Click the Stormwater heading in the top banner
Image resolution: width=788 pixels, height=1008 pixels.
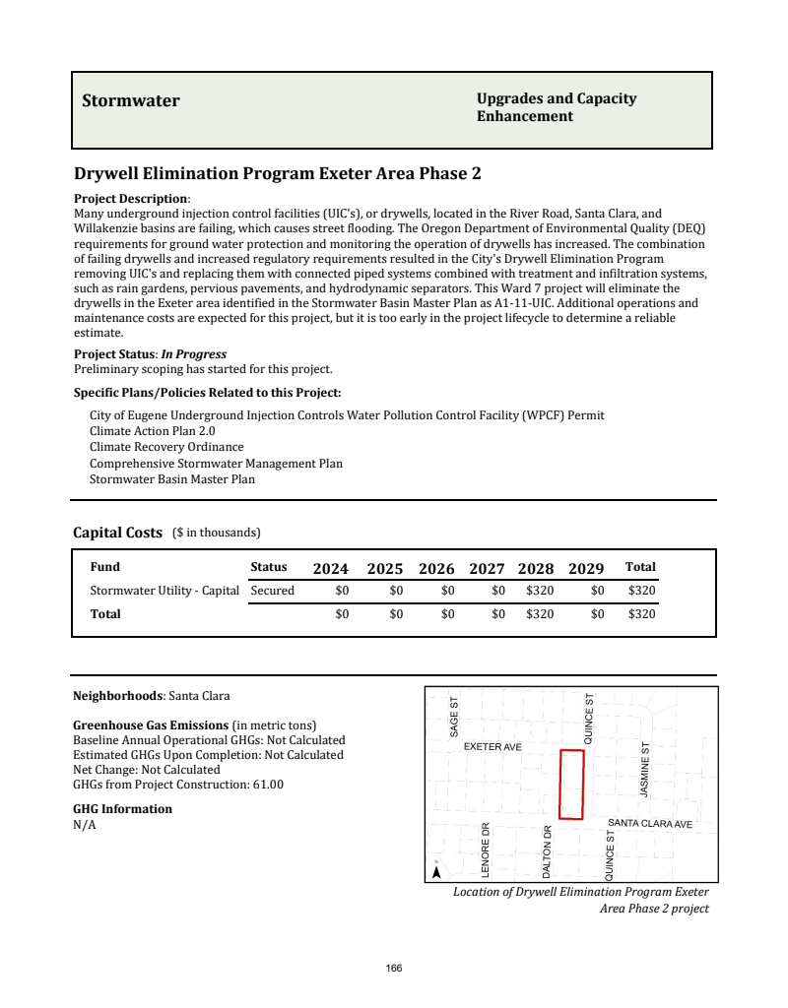131,100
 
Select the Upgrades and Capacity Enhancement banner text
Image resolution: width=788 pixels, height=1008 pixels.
556,107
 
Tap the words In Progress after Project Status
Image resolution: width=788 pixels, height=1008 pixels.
194,354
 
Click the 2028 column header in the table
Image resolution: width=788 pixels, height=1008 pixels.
536,568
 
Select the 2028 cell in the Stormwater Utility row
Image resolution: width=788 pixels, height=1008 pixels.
539,591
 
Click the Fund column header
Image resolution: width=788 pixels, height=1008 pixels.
104,567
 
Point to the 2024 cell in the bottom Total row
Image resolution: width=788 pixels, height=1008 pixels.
342,613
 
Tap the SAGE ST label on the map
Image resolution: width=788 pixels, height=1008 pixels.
454,718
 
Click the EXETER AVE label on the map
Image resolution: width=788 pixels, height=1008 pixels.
492,747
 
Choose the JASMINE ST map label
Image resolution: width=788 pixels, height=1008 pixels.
645,770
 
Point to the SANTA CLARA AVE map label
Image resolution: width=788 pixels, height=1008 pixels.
650,823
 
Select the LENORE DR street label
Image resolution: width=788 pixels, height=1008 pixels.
486,850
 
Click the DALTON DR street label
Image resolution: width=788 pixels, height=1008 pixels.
547,851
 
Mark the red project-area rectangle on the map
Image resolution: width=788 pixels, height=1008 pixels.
571,784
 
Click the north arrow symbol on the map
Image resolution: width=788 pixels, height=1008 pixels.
436,870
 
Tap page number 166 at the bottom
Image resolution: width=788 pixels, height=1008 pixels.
394,968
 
